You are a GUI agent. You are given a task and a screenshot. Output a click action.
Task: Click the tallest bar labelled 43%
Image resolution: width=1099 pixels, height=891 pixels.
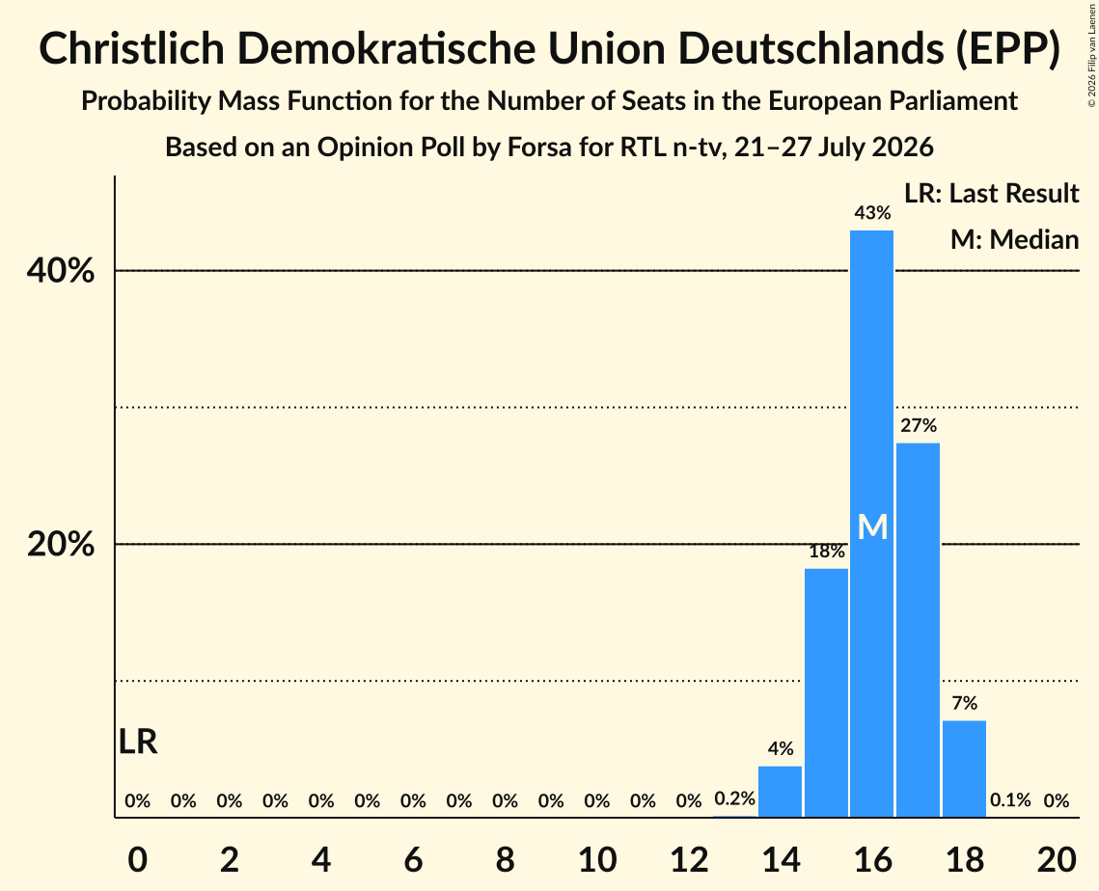point(872,524)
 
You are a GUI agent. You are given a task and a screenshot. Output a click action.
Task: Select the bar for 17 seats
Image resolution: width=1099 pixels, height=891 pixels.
point(919,630)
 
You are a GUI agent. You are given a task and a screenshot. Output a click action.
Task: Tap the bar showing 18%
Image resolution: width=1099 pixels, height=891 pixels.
point(826,692)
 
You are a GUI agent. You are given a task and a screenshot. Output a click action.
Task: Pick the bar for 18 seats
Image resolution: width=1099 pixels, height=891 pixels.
point(965,769)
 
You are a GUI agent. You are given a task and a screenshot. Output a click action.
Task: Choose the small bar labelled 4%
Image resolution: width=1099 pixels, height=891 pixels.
point(780,792)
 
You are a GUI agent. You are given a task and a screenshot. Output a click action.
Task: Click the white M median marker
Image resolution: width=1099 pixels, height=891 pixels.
point(872,526)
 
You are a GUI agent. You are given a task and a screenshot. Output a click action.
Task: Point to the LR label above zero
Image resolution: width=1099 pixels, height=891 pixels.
point(138,742)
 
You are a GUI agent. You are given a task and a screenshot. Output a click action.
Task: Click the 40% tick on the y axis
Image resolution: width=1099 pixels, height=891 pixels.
point(61,270)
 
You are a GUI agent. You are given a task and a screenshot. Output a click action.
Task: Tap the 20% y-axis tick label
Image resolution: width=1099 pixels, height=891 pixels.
point(61,544)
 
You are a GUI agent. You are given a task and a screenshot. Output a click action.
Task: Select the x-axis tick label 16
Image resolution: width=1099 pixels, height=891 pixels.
point(872,859)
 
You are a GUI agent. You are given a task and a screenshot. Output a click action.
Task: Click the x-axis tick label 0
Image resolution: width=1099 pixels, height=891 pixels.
point(138,859)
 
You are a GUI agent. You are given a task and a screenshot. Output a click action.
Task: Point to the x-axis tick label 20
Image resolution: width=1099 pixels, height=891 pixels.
point(1057,859)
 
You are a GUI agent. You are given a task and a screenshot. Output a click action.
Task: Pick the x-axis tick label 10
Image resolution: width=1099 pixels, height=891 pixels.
point(597,859)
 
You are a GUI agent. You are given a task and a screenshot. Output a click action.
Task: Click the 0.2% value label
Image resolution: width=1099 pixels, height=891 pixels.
point(734,798)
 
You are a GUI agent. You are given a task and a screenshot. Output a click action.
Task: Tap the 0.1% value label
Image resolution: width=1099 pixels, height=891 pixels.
point(1010,799)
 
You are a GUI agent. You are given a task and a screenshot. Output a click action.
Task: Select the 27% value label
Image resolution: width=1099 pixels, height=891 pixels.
point(919,425)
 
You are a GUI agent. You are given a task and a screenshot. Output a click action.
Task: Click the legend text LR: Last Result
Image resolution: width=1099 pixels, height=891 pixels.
point(991,193)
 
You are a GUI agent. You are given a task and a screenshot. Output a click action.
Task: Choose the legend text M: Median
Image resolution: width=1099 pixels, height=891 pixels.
point(1014,239)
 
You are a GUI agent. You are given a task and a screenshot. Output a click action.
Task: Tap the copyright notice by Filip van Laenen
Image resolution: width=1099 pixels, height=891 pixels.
point(1091,55)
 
